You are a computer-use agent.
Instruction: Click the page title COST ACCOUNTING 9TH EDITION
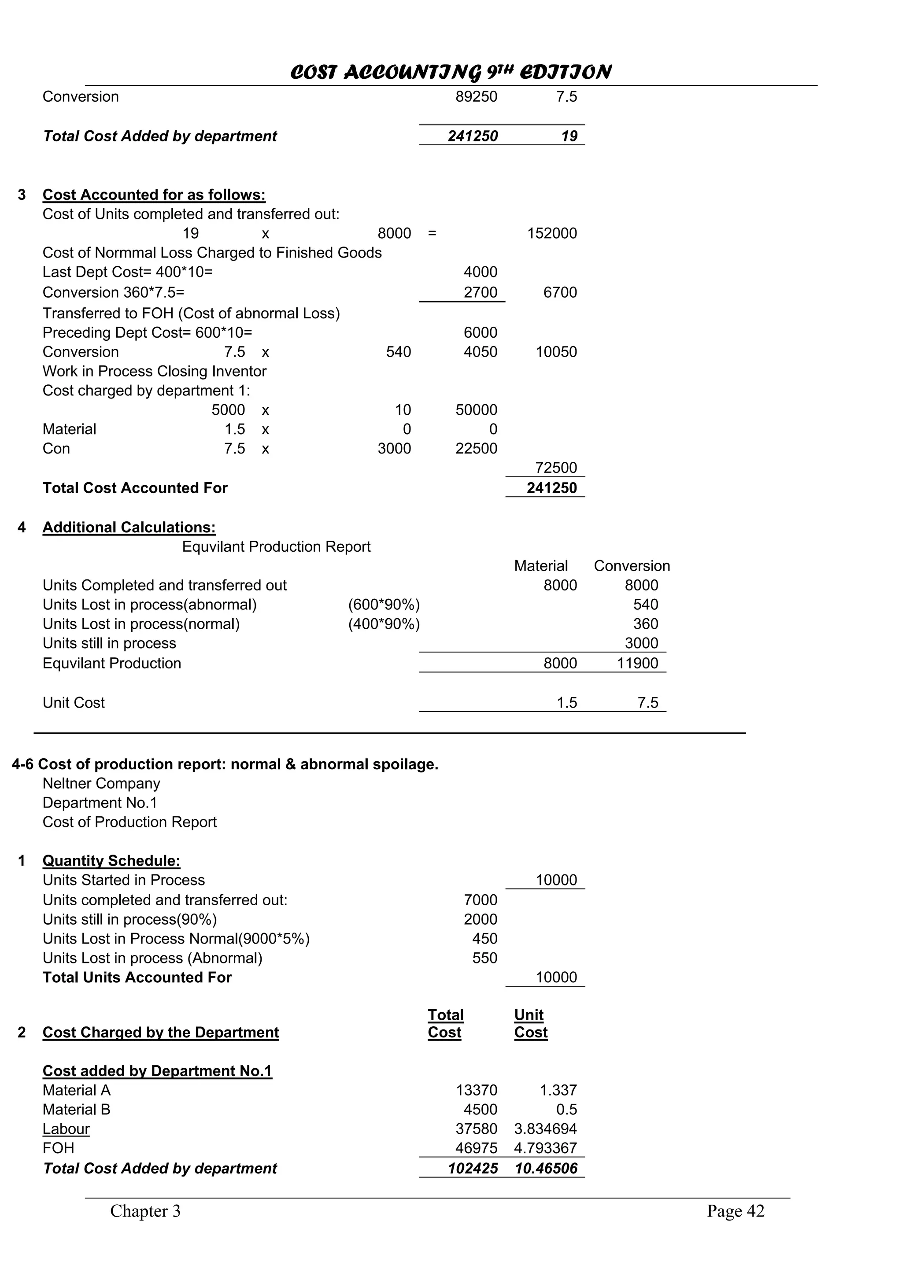tap(451, 72)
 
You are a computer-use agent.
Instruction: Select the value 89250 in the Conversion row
tap(476, 97)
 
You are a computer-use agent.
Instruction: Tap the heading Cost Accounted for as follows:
tap(154, 195)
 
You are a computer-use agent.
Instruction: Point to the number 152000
tap(552, 233)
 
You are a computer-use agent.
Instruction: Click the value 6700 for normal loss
tap(560, 292)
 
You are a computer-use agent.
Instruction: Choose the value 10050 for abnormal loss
tap(556, 352)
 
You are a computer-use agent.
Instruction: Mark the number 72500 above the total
tap(556, 468)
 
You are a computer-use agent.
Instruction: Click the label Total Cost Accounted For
tap(135, 488)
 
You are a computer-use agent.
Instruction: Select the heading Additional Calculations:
tap(129, 527)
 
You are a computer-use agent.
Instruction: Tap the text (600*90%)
tap(384, 605)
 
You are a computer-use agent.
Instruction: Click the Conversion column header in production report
tap(632, 566)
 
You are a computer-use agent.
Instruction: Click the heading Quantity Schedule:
tap(111, 860)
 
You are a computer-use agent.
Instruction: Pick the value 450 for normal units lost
tap(484, 938)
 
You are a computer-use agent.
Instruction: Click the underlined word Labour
tap(66, 1129)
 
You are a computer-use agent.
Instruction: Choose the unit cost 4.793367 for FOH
tap(545, 1148)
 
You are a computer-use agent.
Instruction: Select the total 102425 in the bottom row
tap(473, 1168)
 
